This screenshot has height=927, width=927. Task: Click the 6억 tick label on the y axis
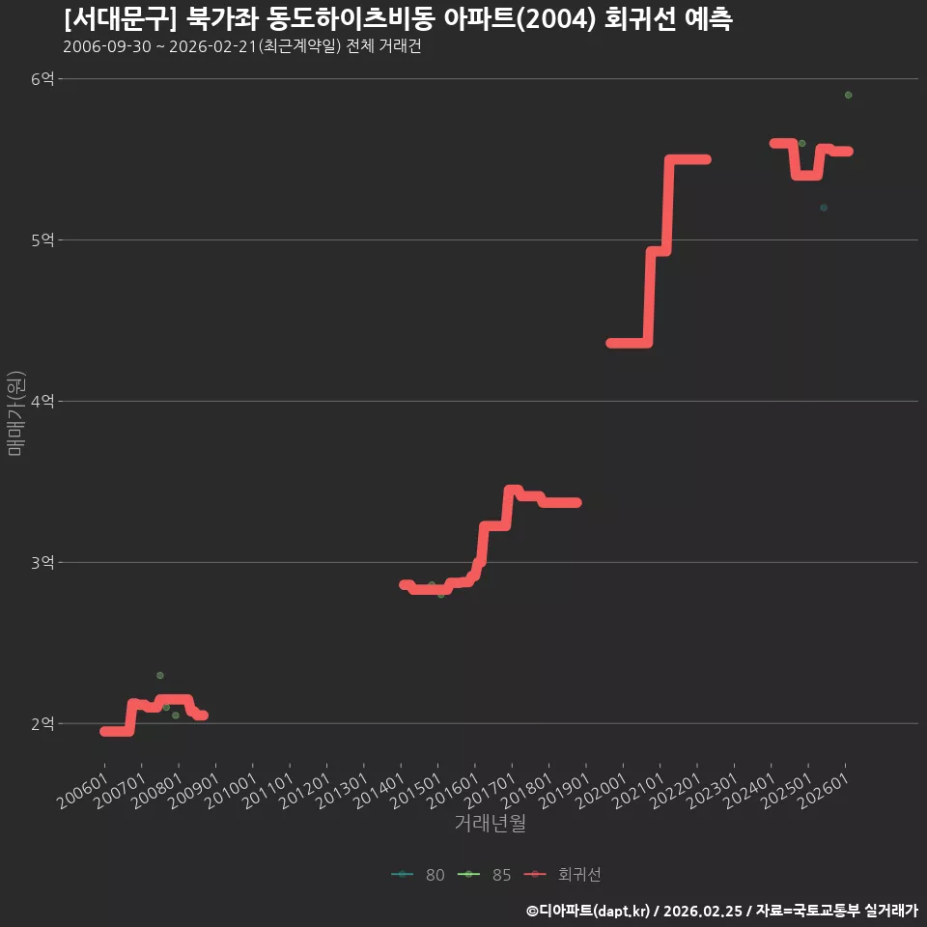click(x=42, y=78)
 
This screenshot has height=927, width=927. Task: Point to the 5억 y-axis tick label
click(x=42, y=240)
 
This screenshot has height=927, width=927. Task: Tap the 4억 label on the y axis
click(x=42, y=402)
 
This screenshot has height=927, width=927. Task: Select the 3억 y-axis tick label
click(x=42, y=562)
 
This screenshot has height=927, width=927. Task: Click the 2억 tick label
click(x=42, y=723)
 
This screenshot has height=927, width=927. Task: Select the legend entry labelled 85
click(x=484, y=875)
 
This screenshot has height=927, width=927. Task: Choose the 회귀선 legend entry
click(x=562, y=875)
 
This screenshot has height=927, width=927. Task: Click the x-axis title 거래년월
click(x=491, y=823)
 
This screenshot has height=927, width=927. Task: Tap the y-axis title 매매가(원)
click(x=15, y=413)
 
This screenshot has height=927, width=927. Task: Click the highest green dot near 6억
click(x=849, y=96)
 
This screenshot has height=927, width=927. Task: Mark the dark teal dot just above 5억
click(x=824, y=208)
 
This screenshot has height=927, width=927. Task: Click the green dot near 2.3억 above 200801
click(x=160, y=675)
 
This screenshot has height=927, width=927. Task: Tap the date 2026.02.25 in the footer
click(x=703, y=911)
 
